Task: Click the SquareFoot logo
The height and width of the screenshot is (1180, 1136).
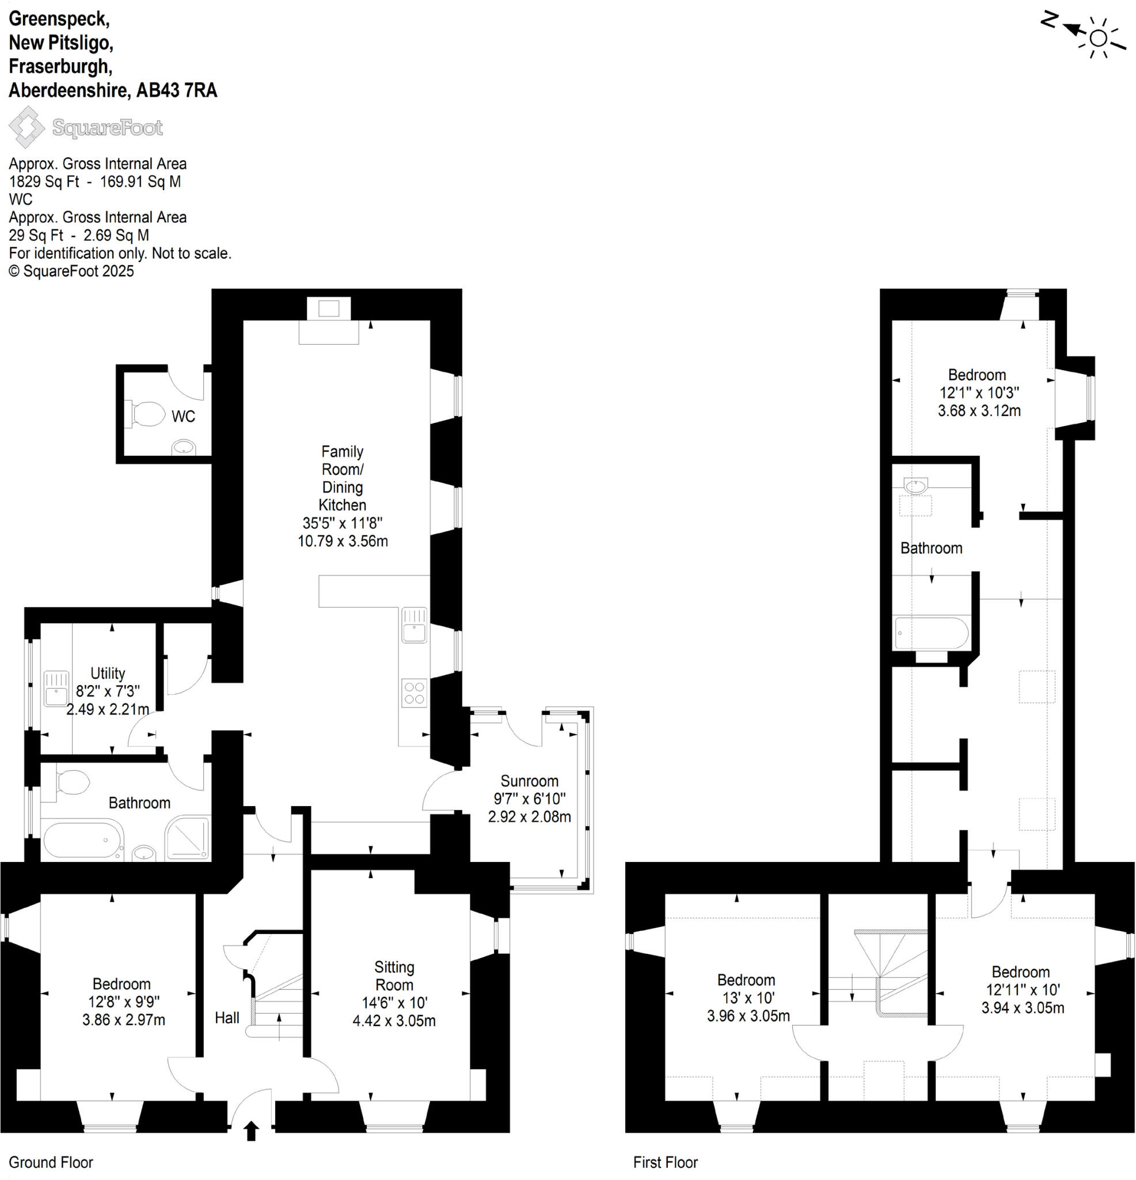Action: tap(85, 127)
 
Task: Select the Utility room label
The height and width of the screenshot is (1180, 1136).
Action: tap(108, 673)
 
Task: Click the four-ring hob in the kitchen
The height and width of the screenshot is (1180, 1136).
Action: tap(414, 693)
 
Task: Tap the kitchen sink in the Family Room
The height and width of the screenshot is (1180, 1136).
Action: tap(414, 626)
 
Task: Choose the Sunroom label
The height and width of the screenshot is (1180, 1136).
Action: tap(529, 781)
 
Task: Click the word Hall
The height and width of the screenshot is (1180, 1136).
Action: tap(227, 1018)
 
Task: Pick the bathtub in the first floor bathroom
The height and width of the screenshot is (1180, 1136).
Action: tap(931, 633)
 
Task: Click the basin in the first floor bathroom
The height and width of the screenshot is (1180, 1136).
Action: tap(915, 485)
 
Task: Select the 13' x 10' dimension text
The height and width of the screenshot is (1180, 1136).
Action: tap(748, 997)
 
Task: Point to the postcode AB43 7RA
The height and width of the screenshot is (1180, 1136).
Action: tap(176, 90)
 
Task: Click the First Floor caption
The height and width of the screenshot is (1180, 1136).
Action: tap(665, 1162)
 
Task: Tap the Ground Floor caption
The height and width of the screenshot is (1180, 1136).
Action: tap(51, 1162)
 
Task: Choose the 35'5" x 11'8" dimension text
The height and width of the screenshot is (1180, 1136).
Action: tap(343, 523)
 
